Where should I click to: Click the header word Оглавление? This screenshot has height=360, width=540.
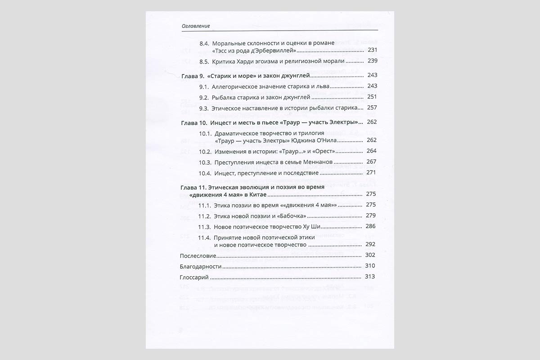[x=196, y=26]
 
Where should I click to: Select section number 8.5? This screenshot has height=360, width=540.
[x=204, y=61]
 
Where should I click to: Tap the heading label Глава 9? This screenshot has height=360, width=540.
[x=192, y=75]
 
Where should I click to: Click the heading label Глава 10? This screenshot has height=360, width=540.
[x=193, y=122]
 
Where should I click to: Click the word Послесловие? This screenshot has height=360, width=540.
[x=198, y=256]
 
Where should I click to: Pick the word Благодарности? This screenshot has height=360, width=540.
[x=201, y=266]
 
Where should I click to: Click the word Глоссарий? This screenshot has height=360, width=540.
[x=194, y=277]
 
